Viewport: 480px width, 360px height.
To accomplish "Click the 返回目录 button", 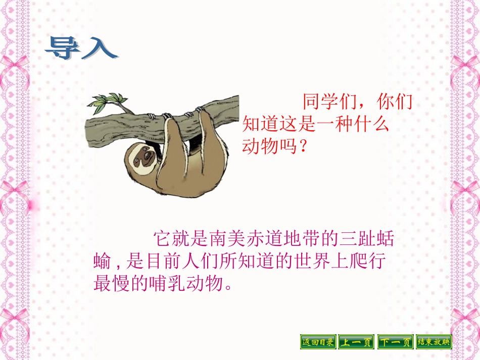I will click(x=318, y=342).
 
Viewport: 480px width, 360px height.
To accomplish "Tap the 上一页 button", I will click(x=356, y=342).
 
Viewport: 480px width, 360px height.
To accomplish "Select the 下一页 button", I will click(x=395, y=342).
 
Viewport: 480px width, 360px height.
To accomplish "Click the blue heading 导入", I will click(x=81, y=48).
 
